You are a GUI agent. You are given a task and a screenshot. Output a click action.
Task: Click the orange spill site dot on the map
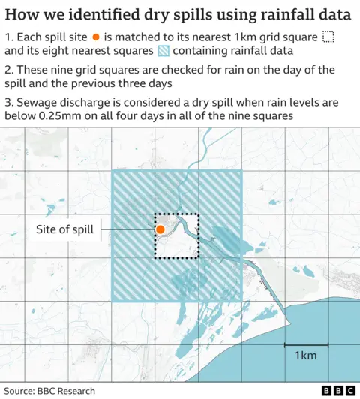[160, 229]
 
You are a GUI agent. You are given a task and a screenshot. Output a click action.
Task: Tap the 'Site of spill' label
[65, 229]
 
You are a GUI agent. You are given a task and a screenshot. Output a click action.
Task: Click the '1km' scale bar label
[304, 355]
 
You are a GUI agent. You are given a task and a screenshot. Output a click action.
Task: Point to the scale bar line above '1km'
[304, 345]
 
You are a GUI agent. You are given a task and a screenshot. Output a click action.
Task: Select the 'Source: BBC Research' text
[49, 391]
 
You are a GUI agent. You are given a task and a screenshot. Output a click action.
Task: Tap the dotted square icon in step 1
[327, 37]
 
